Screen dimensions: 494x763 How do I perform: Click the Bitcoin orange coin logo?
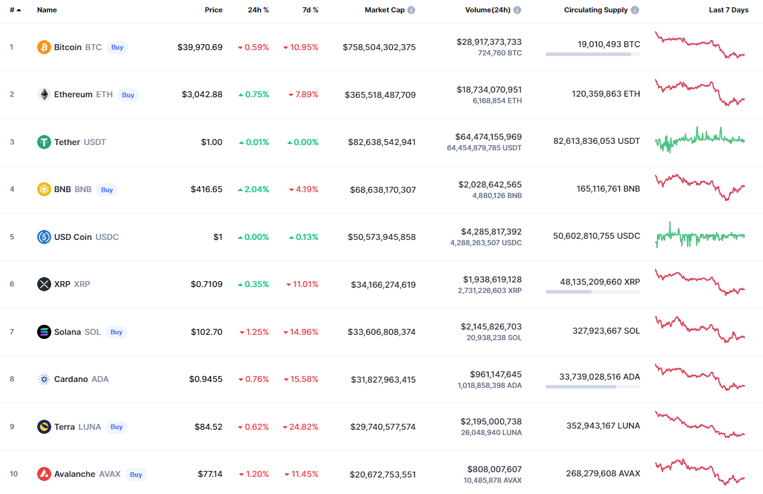pos(44,47)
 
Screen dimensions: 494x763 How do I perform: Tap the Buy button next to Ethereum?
pos(128,95)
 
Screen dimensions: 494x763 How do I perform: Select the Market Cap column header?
pos(384,10)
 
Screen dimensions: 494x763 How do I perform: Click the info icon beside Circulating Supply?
pos(635,10)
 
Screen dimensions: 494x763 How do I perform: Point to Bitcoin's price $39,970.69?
pos(200,47)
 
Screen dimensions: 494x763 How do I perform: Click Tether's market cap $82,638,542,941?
pos(380,142)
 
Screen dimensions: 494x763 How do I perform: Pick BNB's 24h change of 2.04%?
pos(253,189)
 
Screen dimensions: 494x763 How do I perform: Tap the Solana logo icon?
pos(44,332)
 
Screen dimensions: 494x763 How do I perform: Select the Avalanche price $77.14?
pos(210,474)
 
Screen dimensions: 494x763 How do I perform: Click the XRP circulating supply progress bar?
pos(592,291)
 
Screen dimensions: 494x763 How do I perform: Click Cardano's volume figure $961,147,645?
pos(496,374)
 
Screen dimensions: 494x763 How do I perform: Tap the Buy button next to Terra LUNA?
pos(117,427)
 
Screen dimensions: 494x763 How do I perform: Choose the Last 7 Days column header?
pos(728,10)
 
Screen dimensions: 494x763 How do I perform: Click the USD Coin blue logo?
pos(44,237)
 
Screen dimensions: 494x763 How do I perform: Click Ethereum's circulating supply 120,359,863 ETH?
pos(606,94)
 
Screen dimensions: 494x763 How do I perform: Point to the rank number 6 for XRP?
pos(12,284)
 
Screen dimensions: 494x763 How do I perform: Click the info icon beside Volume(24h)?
pos(517,10)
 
